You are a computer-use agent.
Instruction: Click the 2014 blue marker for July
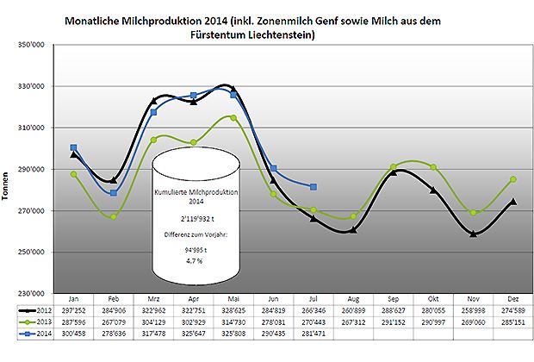tap(313, 187)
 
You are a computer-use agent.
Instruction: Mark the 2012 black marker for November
tap(474, 234)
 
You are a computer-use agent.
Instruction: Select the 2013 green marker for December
tap(514, 179)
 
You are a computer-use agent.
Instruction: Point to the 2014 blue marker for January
tap(73, 147)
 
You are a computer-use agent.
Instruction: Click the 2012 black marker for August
tap(353, 229)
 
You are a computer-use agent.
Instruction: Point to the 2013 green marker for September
tap(394, 166)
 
